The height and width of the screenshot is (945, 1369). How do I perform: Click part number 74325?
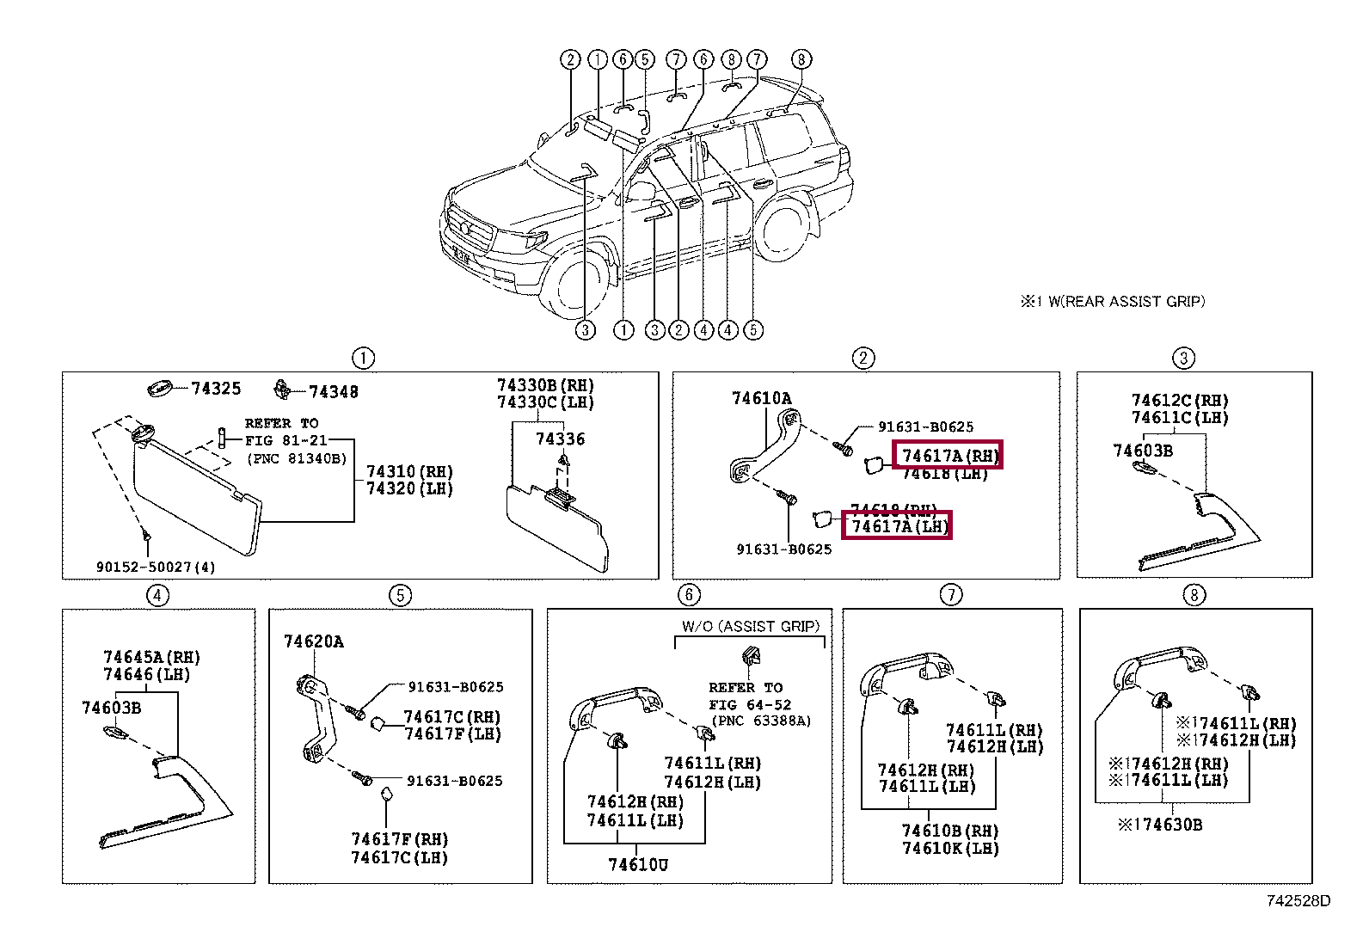[x=216, y=389]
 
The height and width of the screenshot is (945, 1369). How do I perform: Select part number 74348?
[x=333, y=392]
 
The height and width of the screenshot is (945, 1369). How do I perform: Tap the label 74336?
[x=560, y=439]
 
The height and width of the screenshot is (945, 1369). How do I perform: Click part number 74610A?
[x=761, y=398]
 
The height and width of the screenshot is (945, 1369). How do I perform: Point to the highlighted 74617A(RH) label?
[x=948, y=455]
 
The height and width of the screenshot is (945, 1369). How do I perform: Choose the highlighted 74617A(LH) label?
[x=898, y=525]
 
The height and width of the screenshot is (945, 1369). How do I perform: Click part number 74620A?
[x=313, y=641]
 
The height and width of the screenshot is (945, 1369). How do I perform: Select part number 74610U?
[x=637, y=865]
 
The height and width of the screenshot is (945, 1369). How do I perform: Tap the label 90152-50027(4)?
[x=156, y=567]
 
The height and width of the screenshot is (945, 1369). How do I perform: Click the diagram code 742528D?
[x=1298, y=901]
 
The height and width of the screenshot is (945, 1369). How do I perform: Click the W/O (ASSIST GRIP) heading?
[x=750, y=627]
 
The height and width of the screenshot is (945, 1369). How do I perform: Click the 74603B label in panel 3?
[x=1142, y=451]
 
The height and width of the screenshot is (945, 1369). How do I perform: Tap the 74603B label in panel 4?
[x=111, y=708]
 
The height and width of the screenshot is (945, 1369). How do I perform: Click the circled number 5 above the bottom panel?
[x=400, y=595]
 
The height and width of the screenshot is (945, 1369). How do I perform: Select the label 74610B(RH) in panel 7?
[x=950, y=831]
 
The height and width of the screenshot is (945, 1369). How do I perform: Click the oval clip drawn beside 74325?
[x=161, y=388]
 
